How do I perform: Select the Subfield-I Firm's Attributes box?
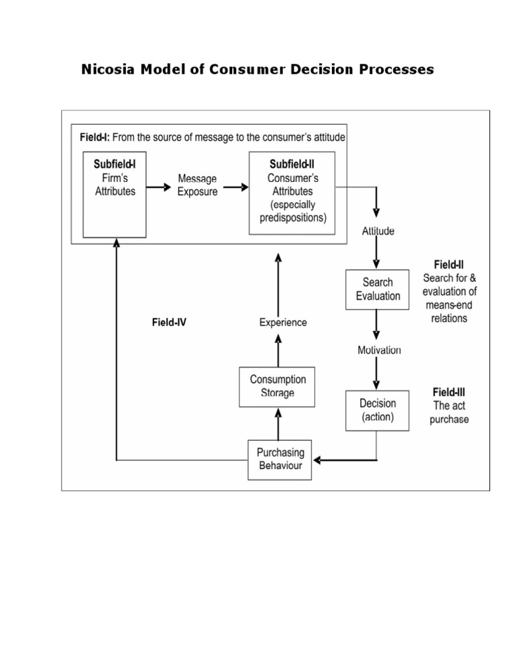coord(115,195)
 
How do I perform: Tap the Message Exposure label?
coord(196,185)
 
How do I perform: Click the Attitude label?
coord(378,232)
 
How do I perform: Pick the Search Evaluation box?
coord(377,289)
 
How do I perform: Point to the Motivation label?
coord(379,350)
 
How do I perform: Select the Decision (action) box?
coord(378,410)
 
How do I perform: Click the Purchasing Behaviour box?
coord(280,459)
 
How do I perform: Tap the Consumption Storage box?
coord(277,387)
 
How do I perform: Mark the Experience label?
coord(283,323)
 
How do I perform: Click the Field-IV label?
coord(169,323)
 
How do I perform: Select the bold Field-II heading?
coord(449,265)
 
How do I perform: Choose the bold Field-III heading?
coord(449,391)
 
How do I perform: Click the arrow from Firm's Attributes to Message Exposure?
coord(159,187)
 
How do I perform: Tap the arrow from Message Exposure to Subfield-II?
coord(235,187)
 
